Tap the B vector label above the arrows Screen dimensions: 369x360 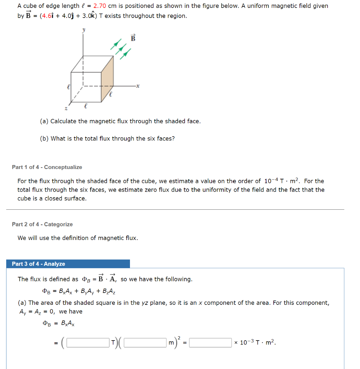pyautogui.click(x=133, y=38)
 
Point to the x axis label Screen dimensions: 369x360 pyautogui.click(x=138, y=86)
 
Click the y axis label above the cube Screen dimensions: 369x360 pyautogui.click(x=84, y=31)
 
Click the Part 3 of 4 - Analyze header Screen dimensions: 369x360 pyautogui.click(x=39, y=264)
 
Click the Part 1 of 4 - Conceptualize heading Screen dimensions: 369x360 pyautogui.click(x=47, y=167)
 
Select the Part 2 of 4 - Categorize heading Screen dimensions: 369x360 pyautogui.click(x=42, y=224)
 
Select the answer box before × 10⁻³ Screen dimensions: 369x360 pyautogui.click(x=211, y=342)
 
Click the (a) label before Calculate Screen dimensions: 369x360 pyautogui.click(x=44, y=121)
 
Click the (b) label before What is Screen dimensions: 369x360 pyautogui.click(x=44, y=139)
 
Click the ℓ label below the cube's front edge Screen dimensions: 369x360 pyautogui.click(x=85, y=106)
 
